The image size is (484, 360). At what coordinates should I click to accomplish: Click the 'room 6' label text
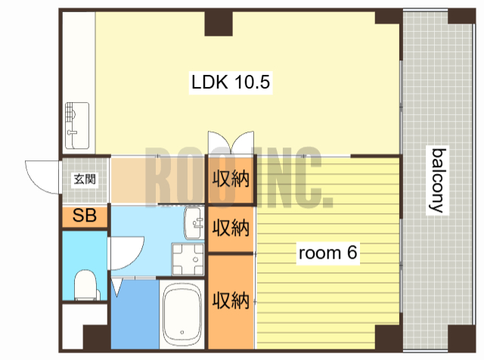(x=327, y=253)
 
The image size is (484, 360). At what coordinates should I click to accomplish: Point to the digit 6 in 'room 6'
(x=352, y=253)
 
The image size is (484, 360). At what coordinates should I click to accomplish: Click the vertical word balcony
(x=438, y=180)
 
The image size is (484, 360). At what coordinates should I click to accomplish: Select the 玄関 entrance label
(x=84, y=179)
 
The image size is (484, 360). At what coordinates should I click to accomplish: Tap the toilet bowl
(x=84, y=285)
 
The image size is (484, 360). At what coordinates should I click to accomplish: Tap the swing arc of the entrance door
(x=38, y=178)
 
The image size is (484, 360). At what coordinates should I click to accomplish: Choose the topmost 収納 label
(x=231, y=180)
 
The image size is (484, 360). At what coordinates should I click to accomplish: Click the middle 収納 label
(x=231, y=226)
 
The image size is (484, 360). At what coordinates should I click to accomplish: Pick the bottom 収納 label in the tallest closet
(x=231, y=300)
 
